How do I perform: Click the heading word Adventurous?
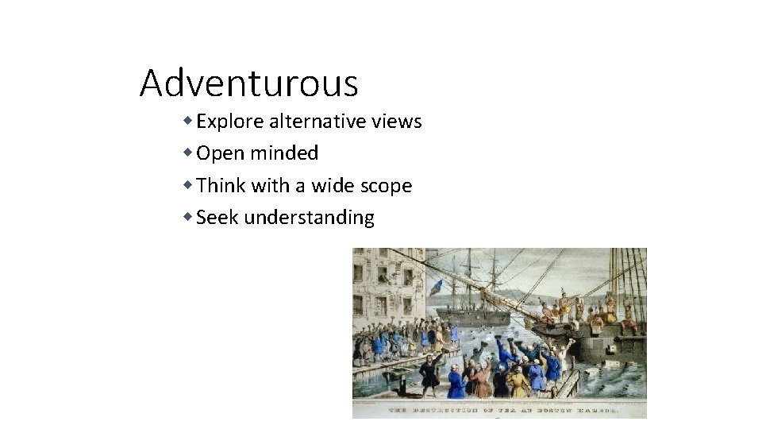tap(248, 83)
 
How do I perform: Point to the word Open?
tap(217, 153)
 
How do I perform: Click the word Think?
tap(221, 186)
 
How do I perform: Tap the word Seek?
tap(217, 217)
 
